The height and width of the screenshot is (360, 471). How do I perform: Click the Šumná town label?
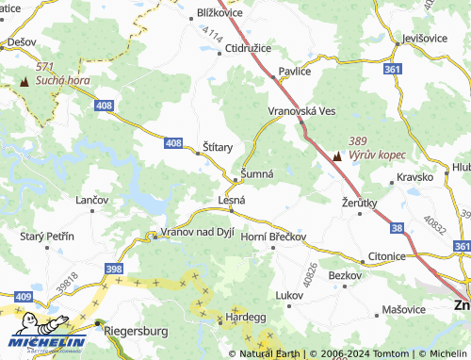coord(257,174)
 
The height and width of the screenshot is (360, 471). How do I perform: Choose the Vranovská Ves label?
coord(301,110)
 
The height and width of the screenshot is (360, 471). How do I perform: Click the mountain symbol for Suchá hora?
coord(24,82)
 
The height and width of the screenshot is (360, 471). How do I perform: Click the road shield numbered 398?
coord(113,270)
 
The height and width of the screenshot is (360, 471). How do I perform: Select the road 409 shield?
coord(23,297)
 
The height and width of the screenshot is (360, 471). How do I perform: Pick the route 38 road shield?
coord(397,227)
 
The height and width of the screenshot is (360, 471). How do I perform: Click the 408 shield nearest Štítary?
coord(172,142)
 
